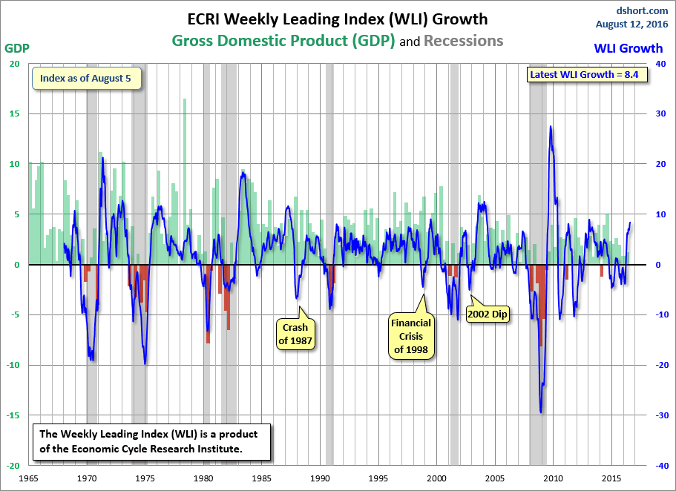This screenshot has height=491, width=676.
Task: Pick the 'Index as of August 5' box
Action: click(86, 79)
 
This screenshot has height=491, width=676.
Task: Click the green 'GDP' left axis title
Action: click(17, 48)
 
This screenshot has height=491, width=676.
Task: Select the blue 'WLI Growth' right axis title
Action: click(629, 48)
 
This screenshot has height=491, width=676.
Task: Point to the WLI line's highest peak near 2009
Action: click(550, 127)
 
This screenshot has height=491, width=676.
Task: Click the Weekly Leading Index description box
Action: click(151, 442)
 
